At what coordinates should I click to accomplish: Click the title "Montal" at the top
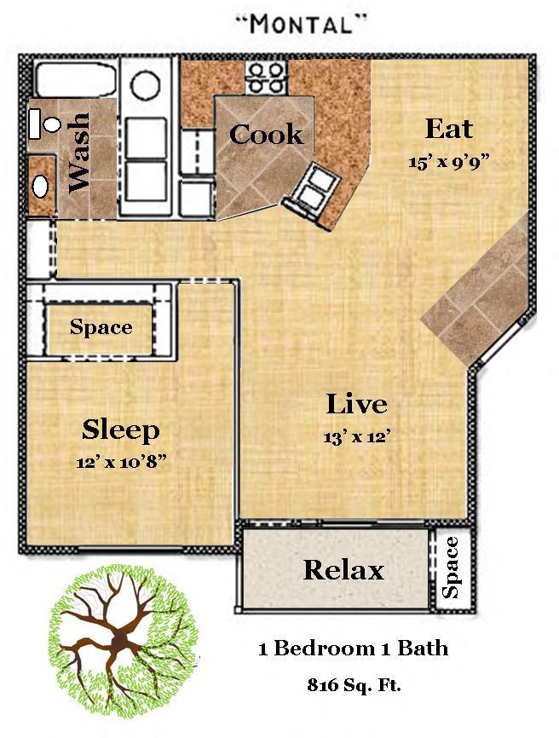[x=300, y=25]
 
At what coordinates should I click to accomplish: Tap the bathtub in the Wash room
[x=76, y=79]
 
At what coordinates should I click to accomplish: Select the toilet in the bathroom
[x=44, y=124]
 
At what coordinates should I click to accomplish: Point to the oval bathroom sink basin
[x=40, y=187]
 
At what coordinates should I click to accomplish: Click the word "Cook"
[x=267, y=135]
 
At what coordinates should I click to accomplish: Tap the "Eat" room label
[x=449, y=129]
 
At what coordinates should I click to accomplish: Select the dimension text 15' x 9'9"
[x=449, y=163]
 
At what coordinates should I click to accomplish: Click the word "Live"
[x=357, y=404]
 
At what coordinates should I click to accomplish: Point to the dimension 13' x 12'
[x=357, y=437]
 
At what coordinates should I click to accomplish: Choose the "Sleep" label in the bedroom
[x=121, y=430]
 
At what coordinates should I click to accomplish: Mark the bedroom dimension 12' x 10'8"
[x=121, y=462]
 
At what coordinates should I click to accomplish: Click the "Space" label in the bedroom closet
[x=101, y=327]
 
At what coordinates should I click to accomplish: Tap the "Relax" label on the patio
[x=343, y=570]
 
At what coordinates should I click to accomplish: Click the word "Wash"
[x=78, y=153]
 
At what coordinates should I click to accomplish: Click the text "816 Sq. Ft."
[x=354, y=685]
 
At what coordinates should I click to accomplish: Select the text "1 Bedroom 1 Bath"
[x=354, y=649]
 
